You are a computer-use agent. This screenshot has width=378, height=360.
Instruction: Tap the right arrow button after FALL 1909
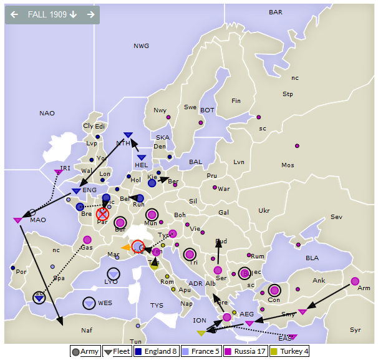point(91,14)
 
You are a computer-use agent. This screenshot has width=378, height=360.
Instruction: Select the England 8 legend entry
point(157,351)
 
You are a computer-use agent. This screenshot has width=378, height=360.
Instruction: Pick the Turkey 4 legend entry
point(291,351)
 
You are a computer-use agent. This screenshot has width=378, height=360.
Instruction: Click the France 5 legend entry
point(200,351)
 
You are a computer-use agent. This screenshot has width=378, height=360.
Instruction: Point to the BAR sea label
point(275,12)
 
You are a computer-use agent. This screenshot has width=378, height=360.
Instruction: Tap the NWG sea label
point(142,46)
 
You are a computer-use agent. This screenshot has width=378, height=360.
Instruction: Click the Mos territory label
point(288,165)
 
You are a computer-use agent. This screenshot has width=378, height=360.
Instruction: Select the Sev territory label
point(336,217)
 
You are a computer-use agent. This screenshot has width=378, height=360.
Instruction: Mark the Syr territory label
point(355,330)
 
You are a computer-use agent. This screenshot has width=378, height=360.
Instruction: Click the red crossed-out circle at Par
point(103,215)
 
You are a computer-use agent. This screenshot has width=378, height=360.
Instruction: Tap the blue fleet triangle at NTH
point(128,135)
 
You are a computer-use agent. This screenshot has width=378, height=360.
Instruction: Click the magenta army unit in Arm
point(355,281)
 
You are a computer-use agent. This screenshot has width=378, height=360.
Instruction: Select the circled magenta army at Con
point(274,290)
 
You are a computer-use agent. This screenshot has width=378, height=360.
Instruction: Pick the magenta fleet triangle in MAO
point(17,220)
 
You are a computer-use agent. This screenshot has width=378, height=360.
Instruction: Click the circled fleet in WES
point(89,303)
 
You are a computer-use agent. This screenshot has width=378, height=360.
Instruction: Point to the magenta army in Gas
point(87,240)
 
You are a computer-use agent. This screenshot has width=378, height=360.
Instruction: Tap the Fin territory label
point(236,101)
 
